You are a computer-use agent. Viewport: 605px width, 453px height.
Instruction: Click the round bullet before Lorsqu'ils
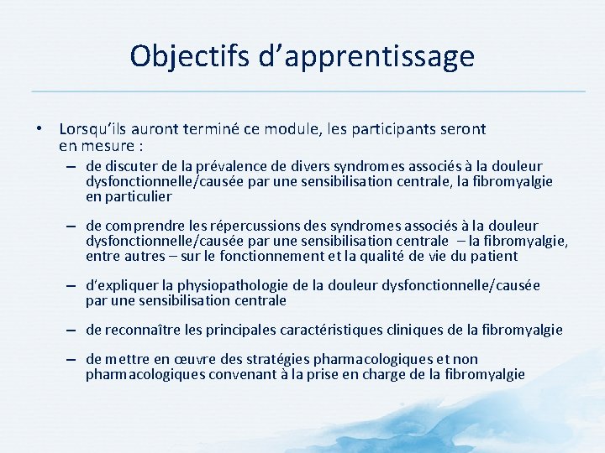click(x=39, y=130)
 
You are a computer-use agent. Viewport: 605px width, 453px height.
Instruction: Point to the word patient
click(x=495, y=256)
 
